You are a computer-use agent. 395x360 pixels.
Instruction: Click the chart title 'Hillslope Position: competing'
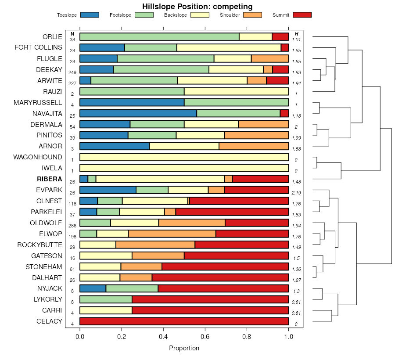(x=197, y=7)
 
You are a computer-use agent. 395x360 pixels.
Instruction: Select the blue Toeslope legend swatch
(x=90, y=15)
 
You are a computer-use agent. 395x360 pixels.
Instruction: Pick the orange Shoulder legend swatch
(x=252, y=15)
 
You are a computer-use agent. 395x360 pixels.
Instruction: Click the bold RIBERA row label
(x=50, y=179)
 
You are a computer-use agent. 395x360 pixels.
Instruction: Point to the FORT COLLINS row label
(x=38, y=47)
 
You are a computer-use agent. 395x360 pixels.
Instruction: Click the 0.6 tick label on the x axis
(x=247, y=337)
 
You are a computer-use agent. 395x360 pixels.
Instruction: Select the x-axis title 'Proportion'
(x=184, y=348)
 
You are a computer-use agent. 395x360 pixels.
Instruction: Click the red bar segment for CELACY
(x=184, y=321)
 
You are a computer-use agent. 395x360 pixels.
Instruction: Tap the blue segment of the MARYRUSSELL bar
(x=132, y=102)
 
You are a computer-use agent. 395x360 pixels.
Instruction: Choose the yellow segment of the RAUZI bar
(x=236, y=91)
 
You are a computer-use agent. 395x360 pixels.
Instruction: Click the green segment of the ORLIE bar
(x=159, y=36)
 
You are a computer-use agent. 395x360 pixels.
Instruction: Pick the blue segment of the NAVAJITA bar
(x=138, y=113)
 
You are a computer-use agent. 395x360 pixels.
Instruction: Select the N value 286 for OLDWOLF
(x=72, y=225)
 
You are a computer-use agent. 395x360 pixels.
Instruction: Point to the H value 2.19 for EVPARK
(x=297, y=193)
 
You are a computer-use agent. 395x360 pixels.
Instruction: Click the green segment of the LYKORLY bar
(x=106, y=299)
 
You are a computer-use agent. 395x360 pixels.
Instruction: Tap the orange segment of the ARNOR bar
(x=254, y=146)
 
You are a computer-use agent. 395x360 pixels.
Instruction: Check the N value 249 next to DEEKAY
(x=72, y=72)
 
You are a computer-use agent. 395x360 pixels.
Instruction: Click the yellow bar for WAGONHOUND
(x=184, y=157)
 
